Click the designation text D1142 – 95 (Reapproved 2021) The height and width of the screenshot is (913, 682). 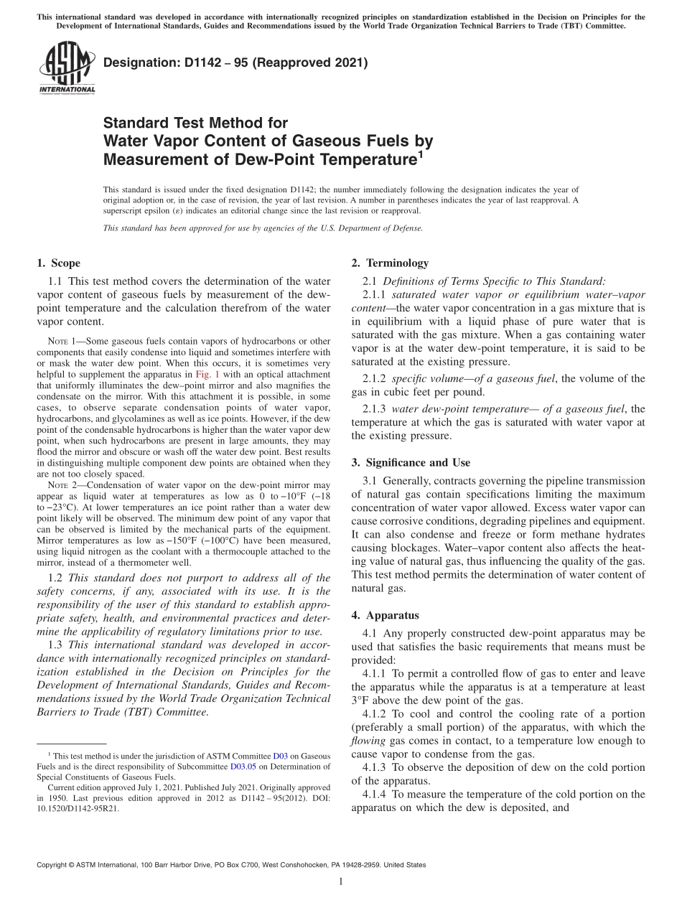pyautogui.click(x=235, y=63)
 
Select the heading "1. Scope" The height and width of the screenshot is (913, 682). pyautogui.click(x=58, y=263)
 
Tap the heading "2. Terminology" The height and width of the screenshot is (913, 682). pyautogui.click(x=390, y=263)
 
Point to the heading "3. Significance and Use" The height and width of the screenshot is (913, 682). pyautogui.click(x=411, y=463)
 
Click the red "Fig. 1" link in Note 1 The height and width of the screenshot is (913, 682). pyautogui.click(x=207, y=374)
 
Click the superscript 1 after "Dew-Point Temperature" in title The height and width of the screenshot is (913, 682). pyautogui.click(x=421, y=152)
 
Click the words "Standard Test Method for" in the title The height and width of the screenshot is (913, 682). pyautogui.click(x=195, y=123)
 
